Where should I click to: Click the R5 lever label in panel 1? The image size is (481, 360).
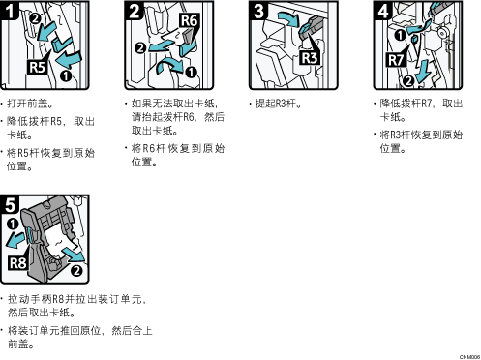(38, 68)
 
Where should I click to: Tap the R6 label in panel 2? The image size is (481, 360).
(189, 20)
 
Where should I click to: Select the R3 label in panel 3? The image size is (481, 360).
(310, 58)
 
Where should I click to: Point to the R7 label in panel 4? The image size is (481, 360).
(396, 60)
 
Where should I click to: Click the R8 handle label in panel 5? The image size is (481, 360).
(17, 263)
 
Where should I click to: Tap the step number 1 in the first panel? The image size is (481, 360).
(10, 11)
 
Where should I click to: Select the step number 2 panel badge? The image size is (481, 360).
(134, 11)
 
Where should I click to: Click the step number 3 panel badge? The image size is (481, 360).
(258, 11)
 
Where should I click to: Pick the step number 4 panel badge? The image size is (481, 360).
(383, 11)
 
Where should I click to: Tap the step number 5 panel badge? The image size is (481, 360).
(10, 204)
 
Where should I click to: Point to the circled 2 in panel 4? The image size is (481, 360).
(408, 80)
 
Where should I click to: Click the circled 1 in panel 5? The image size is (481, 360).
(13, 224)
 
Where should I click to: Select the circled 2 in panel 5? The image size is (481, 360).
(76, 270)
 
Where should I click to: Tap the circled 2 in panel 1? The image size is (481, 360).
(35, 18)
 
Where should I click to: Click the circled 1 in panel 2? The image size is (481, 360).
(191, 73)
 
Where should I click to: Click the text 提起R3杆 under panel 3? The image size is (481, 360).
(276, 104)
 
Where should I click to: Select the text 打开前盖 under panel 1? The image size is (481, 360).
(27, 104)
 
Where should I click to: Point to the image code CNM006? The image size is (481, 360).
(469, 357)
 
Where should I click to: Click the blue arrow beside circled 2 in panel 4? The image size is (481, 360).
(423, 72)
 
